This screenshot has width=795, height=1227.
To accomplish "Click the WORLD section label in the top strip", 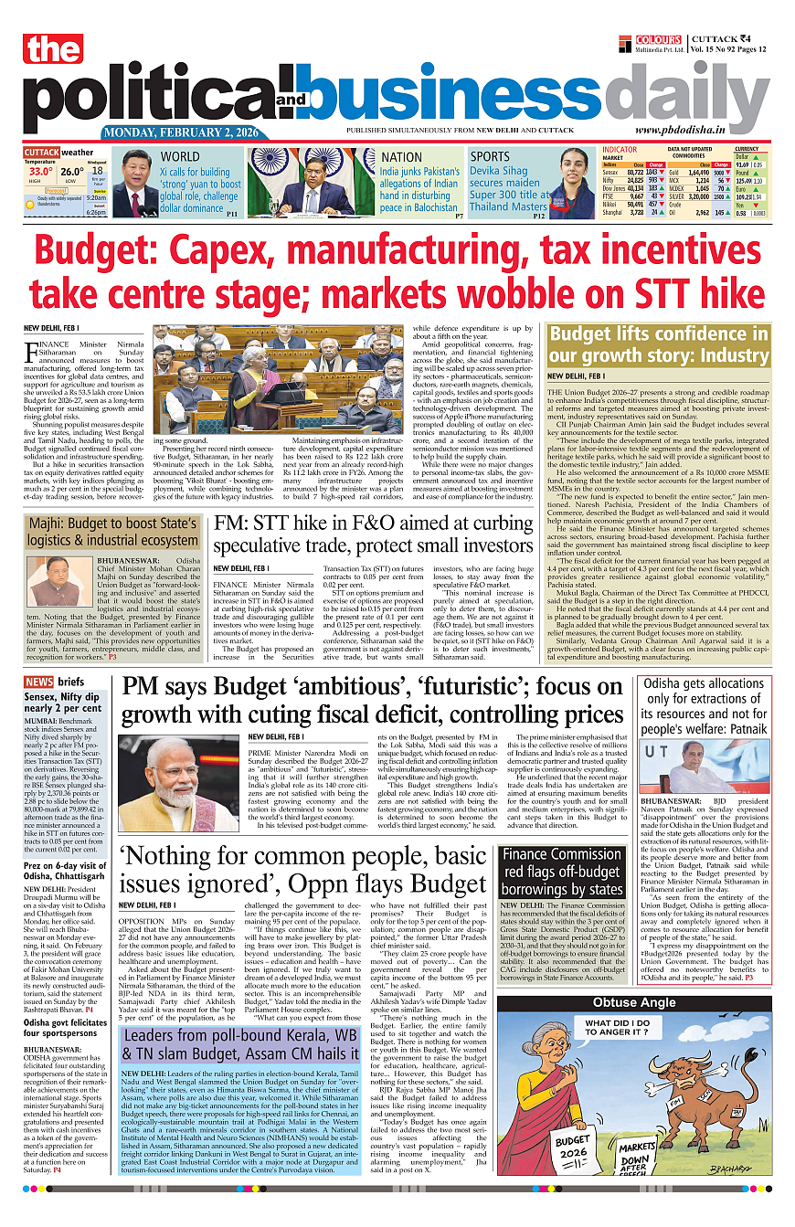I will click(x=179, y=156).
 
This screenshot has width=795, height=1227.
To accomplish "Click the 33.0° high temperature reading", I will click(x=39, y=171).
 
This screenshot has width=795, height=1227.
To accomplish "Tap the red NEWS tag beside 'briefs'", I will click(x=38, y=682).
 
